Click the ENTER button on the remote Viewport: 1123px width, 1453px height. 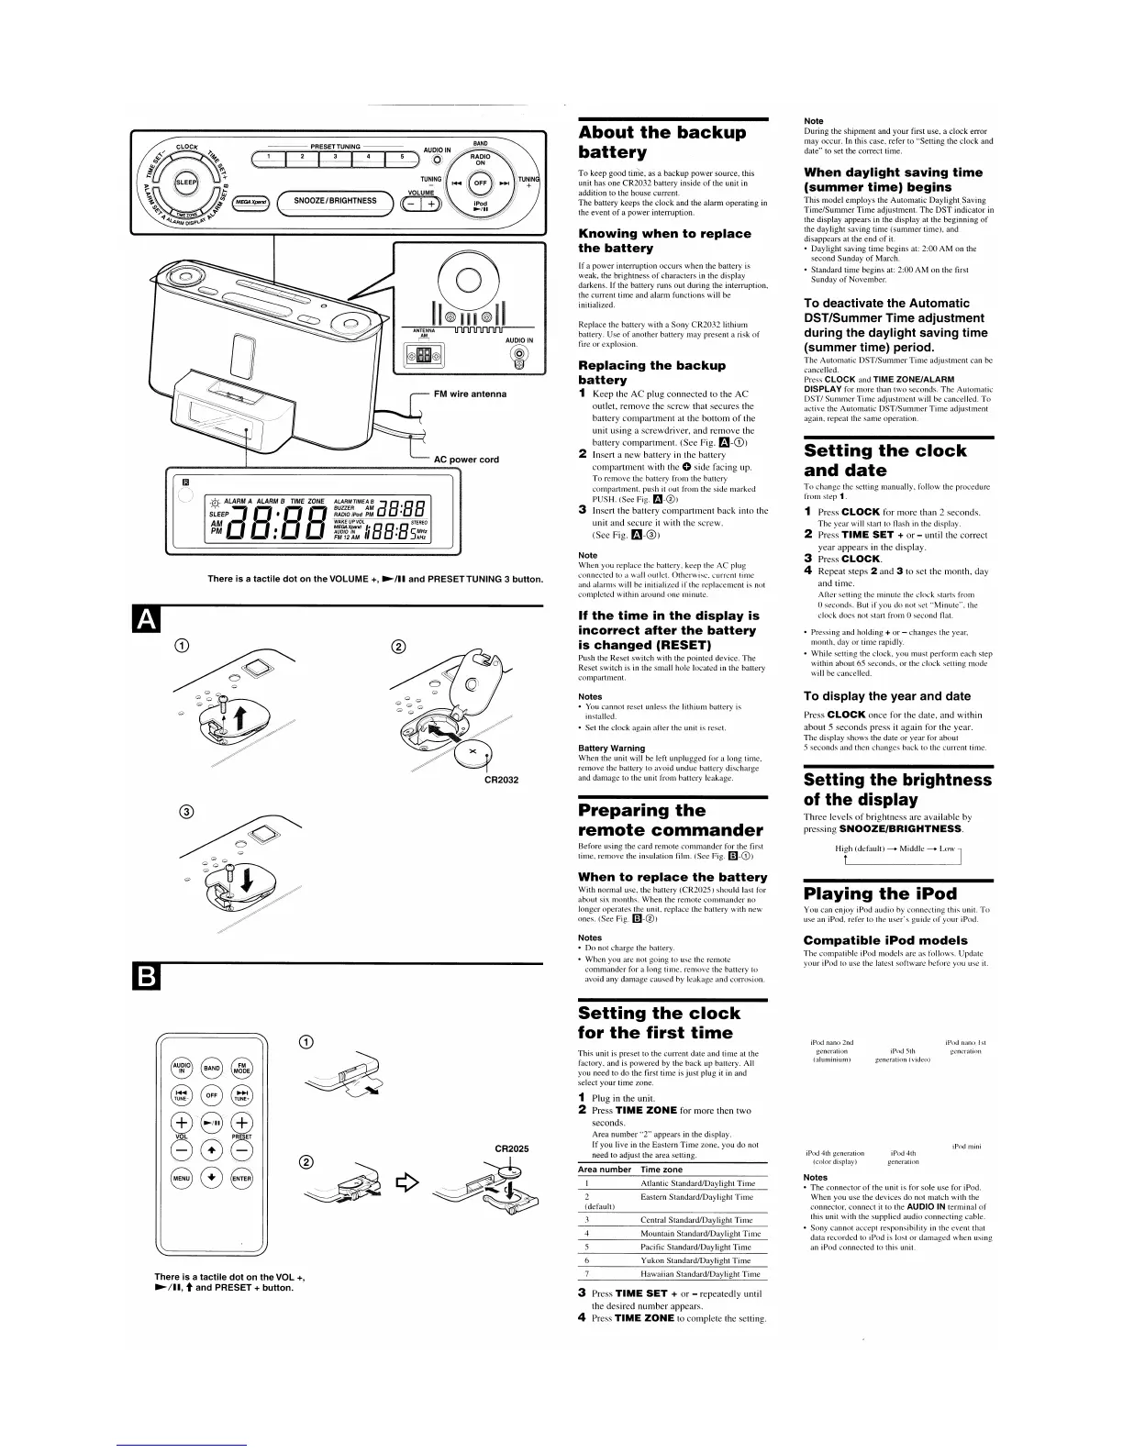[x=240, y=1178]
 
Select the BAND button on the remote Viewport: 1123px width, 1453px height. [x=212, y=1068]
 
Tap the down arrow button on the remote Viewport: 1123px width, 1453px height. [x=212, y=1178]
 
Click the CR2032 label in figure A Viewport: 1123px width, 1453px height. [x=501, y=780]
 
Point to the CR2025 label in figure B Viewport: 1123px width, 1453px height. [x=512, y=1148]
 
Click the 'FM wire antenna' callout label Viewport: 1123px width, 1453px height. [x=472, y=394]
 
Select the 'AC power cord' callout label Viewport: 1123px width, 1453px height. [x=466, y=460]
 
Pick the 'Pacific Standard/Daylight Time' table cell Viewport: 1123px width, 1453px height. [x=696, y=1247]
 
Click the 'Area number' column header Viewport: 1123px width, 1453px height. [x=605, y=1170]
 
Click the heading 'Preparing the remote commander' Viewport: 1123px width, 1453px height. [x=671, y=820]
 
